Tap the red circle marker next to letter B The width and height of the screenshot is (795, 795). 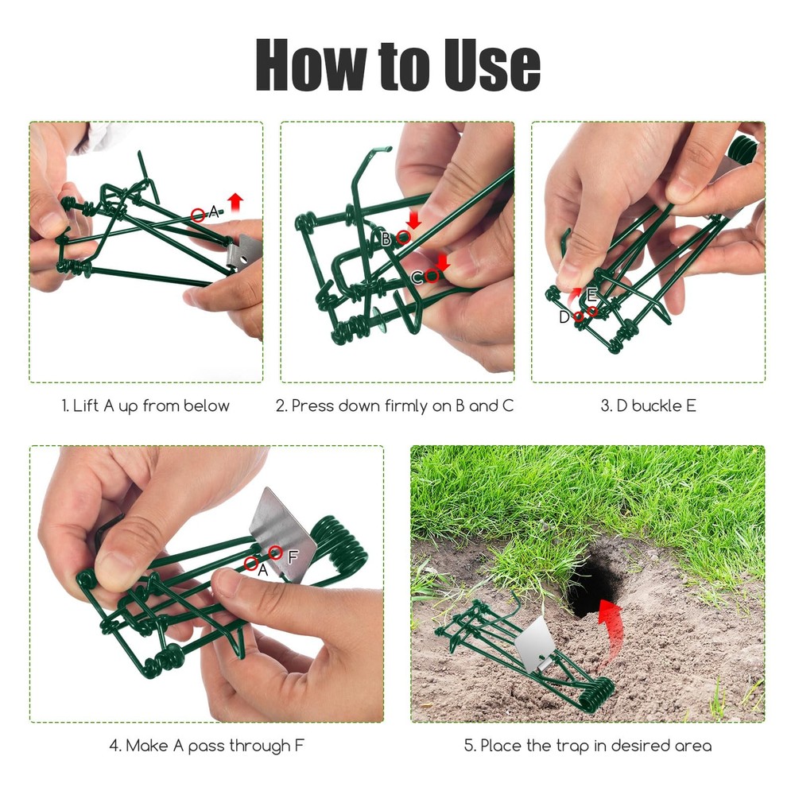[x=403, y=237]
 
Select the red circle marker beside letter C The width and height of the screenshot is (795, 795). [x=432, y=276]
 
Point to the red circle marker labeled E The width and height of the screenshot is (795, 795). [x=591, y=311]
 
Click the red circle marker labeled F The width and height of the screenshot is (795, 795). [x=276, y=552]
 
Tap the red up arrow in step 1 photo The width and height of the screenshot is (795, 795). [x=235, y=200]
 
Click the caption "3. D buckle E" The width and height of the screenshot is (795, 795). [x=648, y=405]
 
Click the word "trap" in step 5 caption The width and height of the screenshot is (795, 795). [x=581, y=746]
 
